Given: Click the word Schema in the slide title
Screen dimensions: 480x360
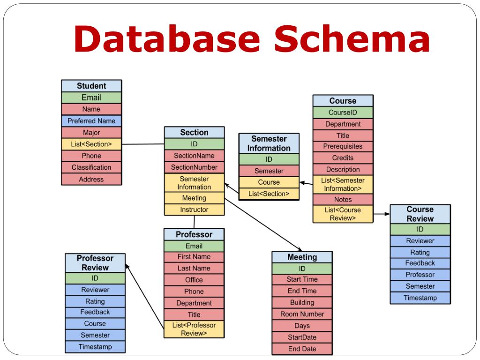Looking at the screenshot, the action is coord(352,40).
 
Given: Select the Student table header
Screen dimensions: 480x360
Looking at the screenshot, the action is coord(91,86).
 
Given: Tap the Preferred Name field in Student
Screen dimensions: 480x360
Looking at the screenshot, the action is coord(91,121).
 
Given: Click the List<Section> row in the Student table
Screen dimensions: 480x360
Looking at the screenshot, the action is coord(91,144).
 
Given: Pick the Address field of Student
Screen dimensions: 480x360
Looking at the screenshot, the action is coord(91,179).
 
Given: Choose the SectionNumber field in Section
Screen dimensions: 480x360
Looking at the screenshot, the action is coord(194,167).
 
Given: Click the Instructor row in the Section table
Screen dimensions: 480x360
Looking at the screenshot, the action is coord(194,210).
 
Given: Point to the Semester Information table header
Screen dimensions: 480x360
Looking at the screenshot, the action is coord(269,143).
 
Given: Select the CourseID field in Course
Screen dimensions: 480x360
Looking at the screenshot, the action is coord(343,112).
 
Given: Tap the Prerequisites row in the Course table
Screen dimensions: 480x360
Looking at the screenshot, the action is coord(343,147).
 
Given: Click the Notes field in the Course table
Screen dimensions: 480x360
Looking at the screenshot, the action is coord(343,200).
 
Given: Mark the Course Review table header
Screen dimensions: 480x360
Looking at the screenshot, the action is coord(420,214).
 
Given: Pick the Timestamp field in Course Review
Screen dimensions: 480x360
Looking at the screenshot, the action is coord(420,298).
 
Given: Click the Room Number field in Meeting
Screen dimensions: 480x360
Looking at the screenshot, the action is coord(302,314).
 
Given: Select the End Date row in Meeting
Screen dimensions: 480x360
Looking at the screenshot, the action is coord(302,349).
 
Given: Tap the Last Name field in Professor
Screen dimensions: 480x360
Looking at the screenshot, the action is coord(194,269).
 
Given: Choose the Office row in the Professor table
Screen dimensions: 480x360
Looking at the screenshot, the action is coord(194,280).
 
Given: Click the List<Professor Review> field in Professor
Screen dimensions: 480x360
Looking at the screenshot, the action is coord(194,329).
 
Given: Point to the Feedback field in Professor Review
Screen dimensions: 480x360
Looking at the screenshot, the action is coord(95,312).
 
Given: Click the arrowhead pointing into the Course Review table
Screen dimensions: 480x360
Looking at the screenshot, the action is coord(387,214).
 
